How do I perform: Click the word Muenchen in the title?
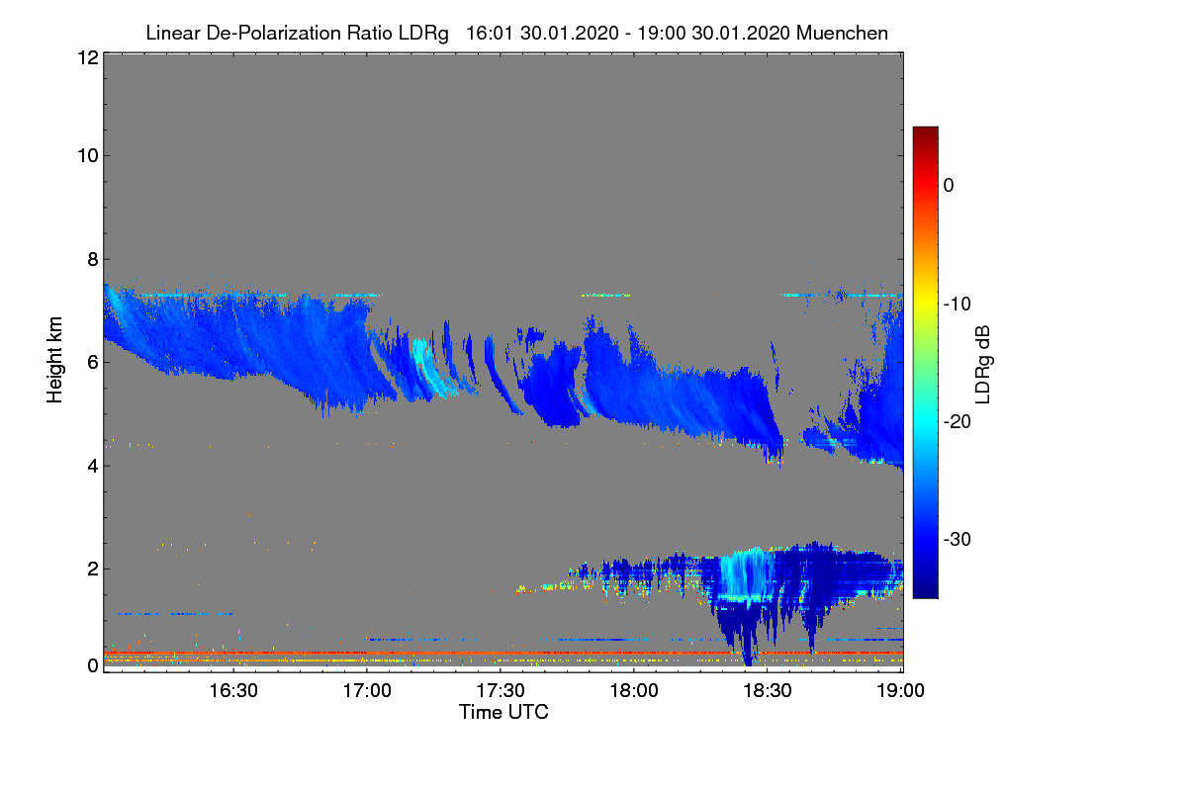click(x=842, y=34)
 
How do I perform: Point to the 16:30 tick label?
click(x=233, y=691)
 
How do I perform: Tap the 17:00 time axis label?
click(x=367, y=691)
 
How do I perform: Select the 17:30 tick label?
click(x=501, y=691)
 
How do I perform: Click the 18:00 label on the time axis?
click(x=634, y=691)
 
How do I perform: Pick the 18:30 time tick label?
click(x=768, y=691)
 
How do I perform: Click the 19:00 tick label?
click(x=900, y=691)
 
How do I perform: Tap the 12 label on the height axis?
click(x=88, y=57)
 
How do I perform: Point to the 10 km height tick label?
click(x=88, y=156)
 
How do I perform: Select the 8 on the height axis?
click(x=93, y=260)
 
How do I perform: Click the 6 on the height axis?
click(x=93, y=363)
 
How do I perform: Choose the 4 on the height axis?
click(x=93, y=467)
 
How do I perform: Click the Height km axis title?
click(x=54, y=360)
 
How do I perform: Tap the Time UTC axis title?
click(x=503, y=712)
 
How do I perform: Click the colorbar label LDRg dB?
click(x=983, y=365)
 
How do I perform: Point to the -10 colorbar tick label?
click(x=958, y=305)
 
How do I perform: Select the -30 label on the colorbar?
click(x=958, y=539)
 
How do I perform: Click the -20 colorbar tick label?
click(x=958, y=422)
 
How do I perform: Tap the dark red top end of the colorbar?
click(x=925, y=129)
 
